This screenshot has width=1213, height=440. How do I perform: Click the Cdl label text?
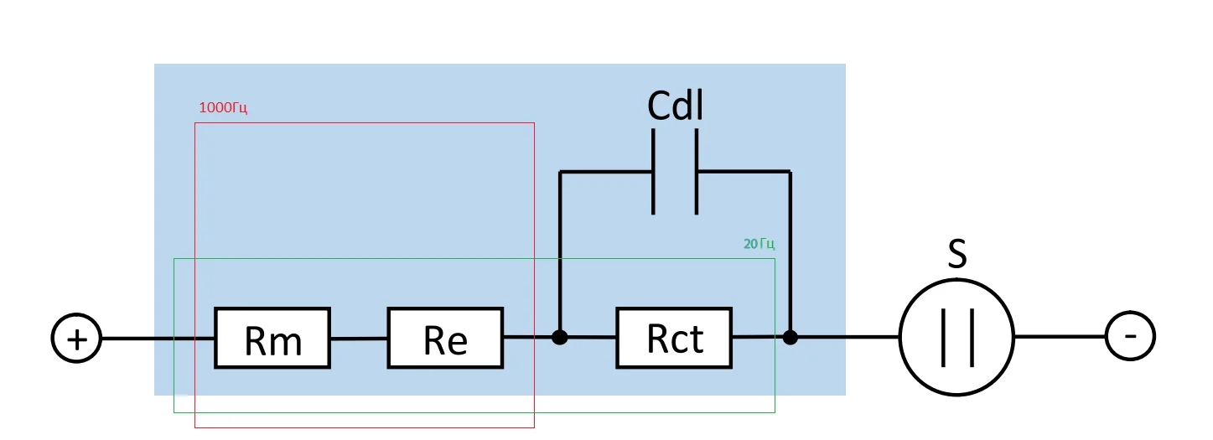[x=675, y=106]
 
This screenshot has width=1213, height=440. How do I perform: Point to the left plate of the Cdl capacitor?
[x=654, y=171]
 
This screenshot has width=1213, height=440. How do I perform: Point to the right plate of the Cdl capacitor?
[x=696, y=171]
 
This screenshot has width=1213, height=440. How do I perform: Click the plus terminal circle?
[x=76, y=339]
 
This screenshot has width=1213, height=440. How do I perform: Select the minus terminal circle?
[x=1130, y=337]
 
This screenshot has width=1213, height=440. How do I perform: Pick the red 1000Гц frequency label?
[x=223, y=108]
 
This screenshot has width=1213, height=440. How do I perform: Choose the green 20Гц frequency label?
[x=759, y=245]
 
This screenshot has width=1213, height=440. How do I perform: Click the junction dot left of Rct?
[x=560, y=338]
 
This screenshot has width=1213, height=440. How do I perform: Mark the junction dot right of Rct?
[x=790, y=338]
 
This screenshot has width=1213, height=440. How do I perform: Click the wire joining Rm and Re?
[x=359, y=339]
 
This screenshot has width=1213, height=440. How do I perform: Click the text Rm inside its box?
[x=272, y=341]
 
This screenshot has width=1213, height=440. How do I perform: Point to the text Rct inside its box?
[x=675, y=339]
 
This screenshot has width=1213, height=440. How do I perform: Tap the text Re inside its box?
[x=445, y=341]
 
